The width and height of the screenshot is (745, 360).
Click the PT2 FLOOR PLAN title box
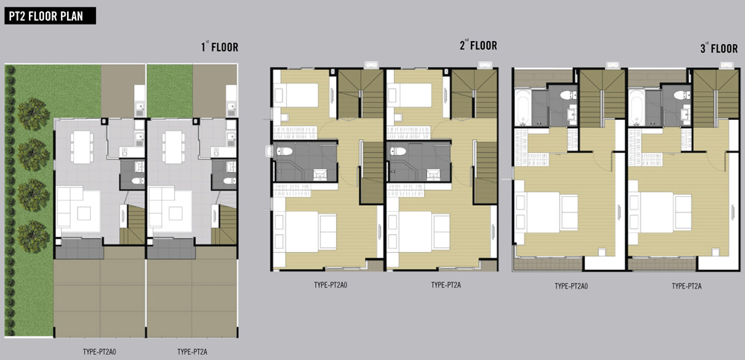51,16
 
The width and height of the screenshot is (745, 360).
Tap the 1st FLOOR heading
219,47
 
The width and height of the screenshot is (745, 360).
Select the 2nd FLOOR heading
478,45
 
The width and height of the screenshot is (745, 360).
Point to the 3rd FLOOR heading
719,48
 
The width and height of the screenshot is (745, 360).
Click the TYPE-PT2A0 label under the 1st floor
100,353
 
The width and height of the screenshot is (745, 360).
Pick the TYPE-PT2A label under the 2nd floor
446,285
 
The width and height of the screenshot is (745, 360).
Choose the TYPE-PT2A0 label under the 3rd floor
571,286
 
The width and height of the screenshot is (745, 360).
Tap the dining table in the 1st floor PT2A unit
173,147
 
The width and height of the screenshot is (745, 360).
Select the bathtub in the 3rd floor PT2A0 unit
523,107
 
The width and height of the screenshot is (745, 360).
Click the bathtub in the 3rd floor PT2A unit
637,107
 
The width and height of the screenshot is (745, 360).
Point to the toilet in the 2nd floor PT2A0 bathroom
285,151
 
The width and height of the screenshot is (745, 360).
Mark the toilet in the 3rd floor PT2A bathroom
682,95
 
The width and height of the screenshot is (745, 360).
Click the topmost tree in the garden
34,114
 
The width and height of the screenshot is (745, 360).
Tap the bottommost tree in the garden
34,236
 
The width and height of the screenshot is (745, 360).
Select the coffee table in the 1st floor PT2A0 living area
84,213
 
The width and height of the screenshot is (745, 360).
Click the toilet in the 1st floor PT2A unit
230,180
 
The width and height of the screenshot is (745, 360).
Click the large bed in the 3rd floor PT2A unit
661,212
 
